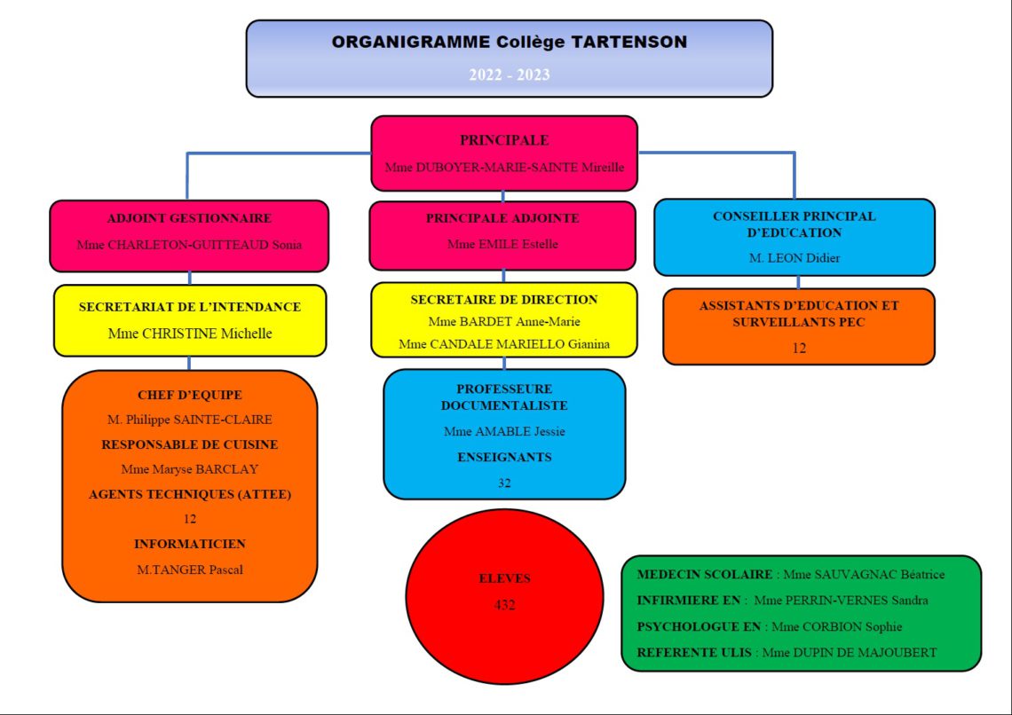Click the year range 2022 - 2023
509,75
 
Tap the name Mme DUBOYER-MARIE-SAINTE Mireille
504,167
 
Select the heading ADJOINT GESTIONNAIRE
189,218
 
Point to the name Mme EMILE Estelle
502,244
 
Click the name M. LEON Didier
795,258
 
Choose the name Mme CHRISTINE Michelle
189,334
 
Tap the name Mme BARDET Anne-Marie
503,321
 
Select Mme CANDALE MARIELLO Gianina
503,343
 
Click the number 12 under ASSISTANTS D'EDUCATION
799,349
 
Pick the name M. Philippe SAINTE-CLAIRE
189,420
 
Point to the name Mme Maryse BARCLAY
189,469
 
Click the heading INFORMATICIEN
189,544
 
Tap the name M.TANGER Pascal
189,570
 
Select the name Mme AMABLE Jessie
504,431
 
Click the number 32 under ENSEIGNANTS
504,483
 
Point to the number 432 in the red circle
504,605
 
